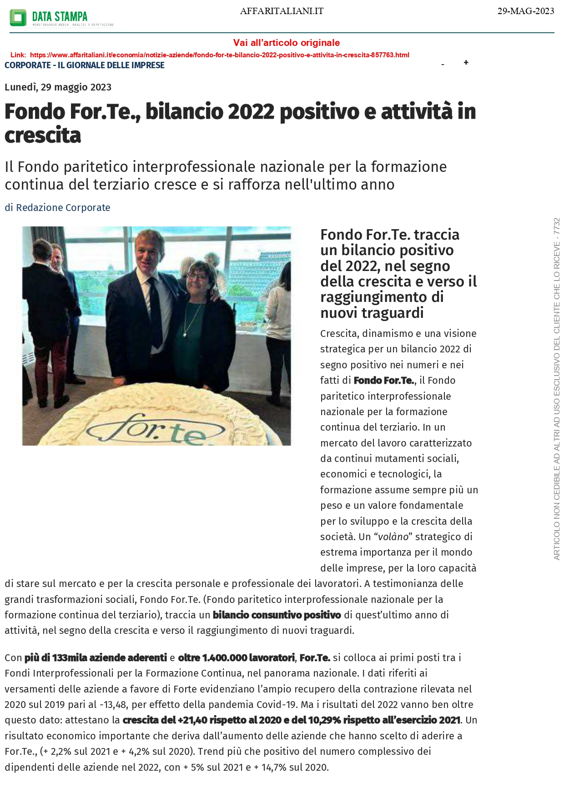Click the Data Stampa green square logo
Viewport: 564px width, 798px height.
(18, 18)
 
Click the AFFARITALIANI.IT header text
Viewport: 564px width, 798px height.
(282, 11)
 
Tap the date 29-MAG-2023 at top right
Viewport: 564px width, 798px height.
(525, 11)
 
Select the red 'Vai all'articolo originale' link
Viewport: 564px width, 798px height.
(286, 43)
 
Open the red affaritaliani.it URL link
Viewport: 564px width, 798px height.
(219, 55)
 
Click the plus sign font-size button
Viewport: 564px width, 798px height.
(466, 63)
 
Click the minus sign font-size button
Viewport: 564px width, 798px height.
(443, 65)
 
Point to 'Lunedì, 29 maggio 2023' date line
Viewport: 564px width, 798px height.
(58, 87)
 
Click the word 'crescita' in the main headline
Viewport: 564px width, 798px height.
(43, 136)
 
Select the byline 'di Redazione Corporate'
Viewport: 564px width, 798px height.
(57, 208)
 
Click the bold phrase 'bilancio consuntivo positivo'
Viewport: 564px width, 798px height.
(277, 615)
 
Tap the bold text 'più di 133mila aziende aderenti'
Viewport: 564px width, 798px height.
(96, 658)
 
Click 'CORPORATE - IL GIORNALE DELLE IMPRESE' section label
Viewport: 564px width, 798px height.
(85, 65)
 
